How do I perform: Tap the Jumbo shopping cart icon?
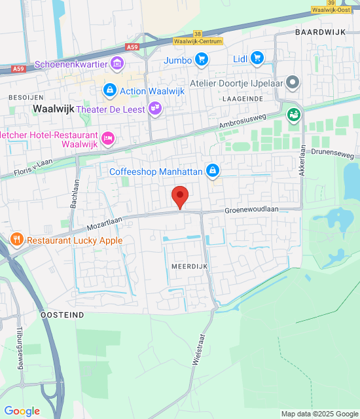[202, 60]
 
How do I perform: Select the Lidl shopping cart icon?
[257, 59]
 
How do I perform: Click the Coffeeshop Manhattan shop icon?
[212, 172]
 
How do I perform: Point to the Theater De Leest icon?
[154, 109]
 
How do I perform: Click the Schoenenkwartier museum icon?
[117, 64]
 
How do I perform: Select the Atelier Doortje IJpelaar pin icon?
[293, 82]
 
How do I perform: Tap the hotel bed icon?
[109, 137]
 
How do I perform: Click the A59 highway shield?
[133, 47]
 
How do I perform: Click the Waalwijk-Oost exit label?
[334, 10]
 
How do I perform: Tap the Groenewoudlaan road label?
[252, 210]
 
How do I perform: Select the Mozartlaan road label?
[105, 223]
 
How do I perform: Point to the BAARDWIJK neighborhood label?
[319, 31]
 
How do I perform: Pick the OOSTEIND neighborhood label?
[62, 315]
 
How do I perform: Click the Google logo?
[22, 411]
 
